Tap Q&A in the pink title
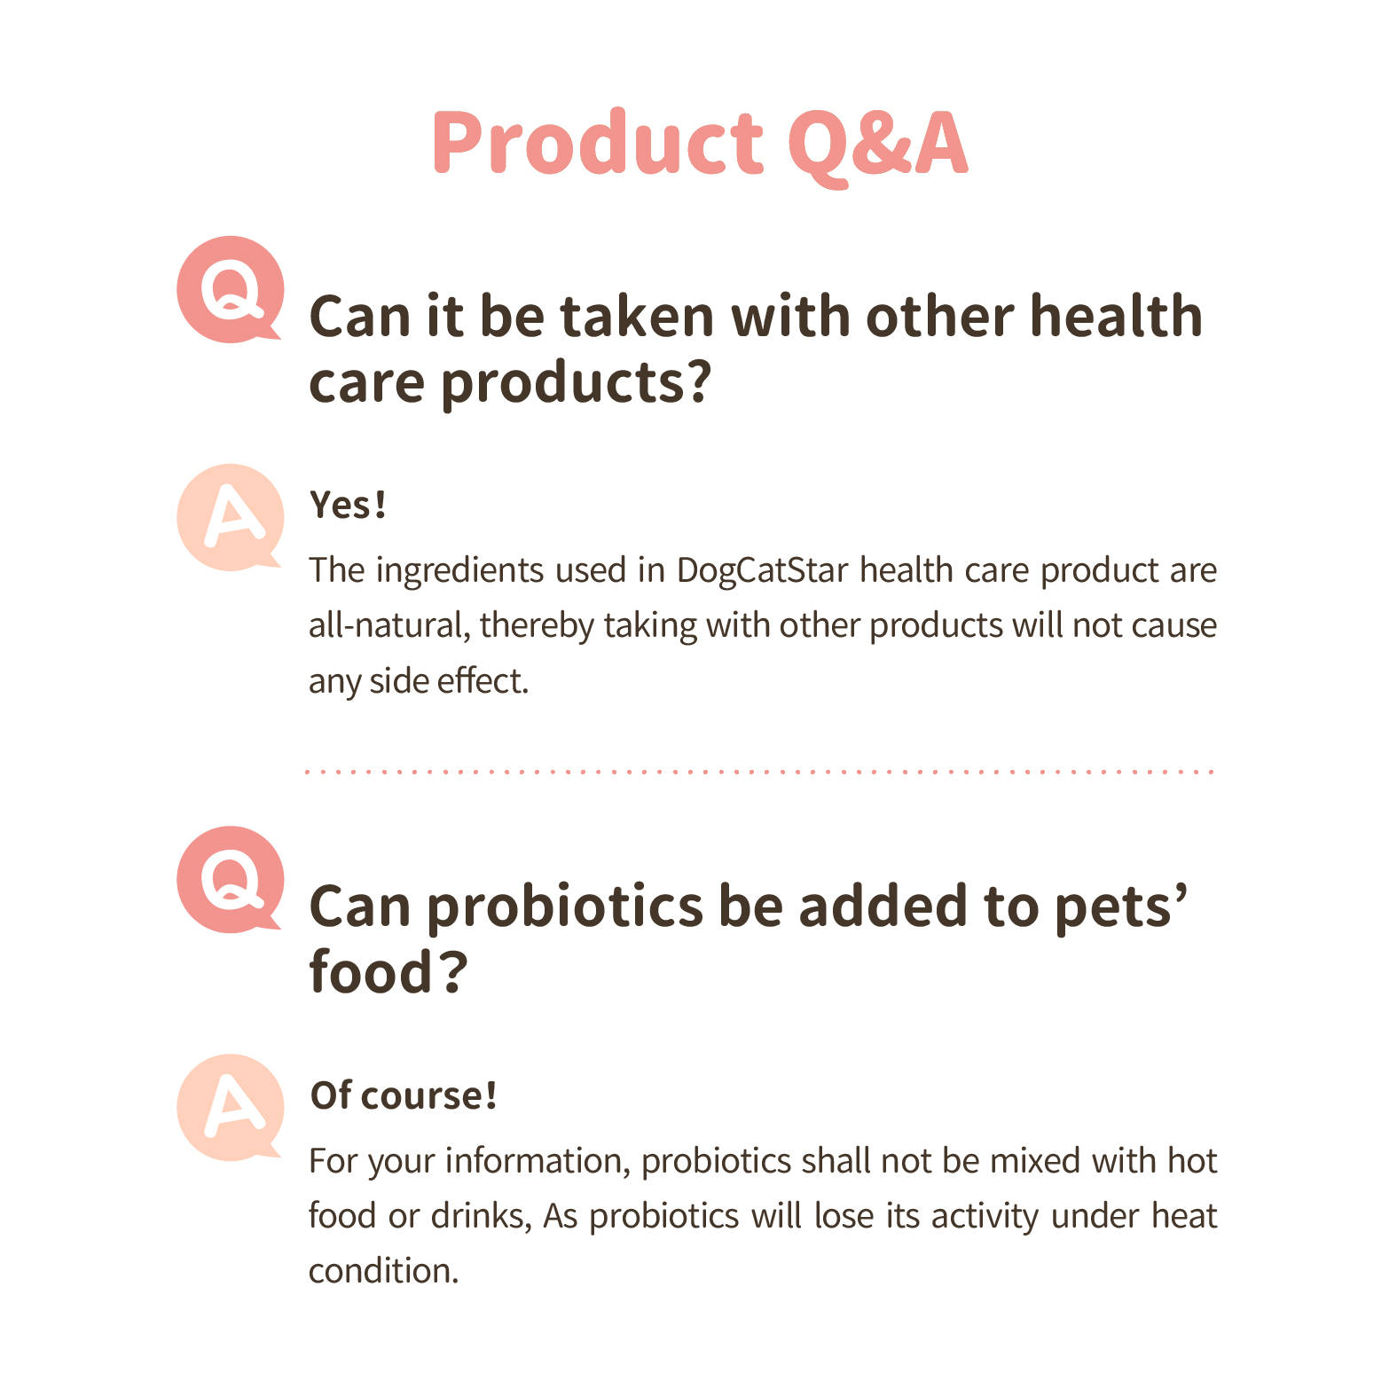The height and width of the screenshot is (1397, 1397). (877, 145)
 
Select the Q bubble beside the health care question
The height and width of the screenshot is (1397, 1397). (230, 289)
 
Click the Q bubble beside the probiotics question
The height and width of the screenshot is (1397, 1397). (230, 880)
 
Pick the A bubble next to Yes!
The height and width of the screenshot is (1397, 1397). (230, 517)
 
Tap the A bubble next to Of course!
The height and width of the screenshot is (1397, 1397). (230, 1108)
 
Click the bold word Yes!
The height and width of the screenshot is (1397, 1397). (348, 505)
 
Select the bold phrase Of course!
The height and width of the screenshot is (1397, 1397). (403, 1095)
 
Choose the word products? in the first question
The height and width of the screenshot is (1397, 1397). (576, 383)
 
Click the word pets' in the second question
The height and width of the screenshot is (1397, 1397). (1121, 906)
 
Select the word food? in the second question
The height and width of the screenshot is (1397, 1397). (388, 971)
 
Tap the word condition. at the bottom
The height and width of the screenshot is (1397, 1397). (384, 1271)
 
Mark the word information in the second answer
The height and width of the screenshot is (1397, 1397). (538, 1161)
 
